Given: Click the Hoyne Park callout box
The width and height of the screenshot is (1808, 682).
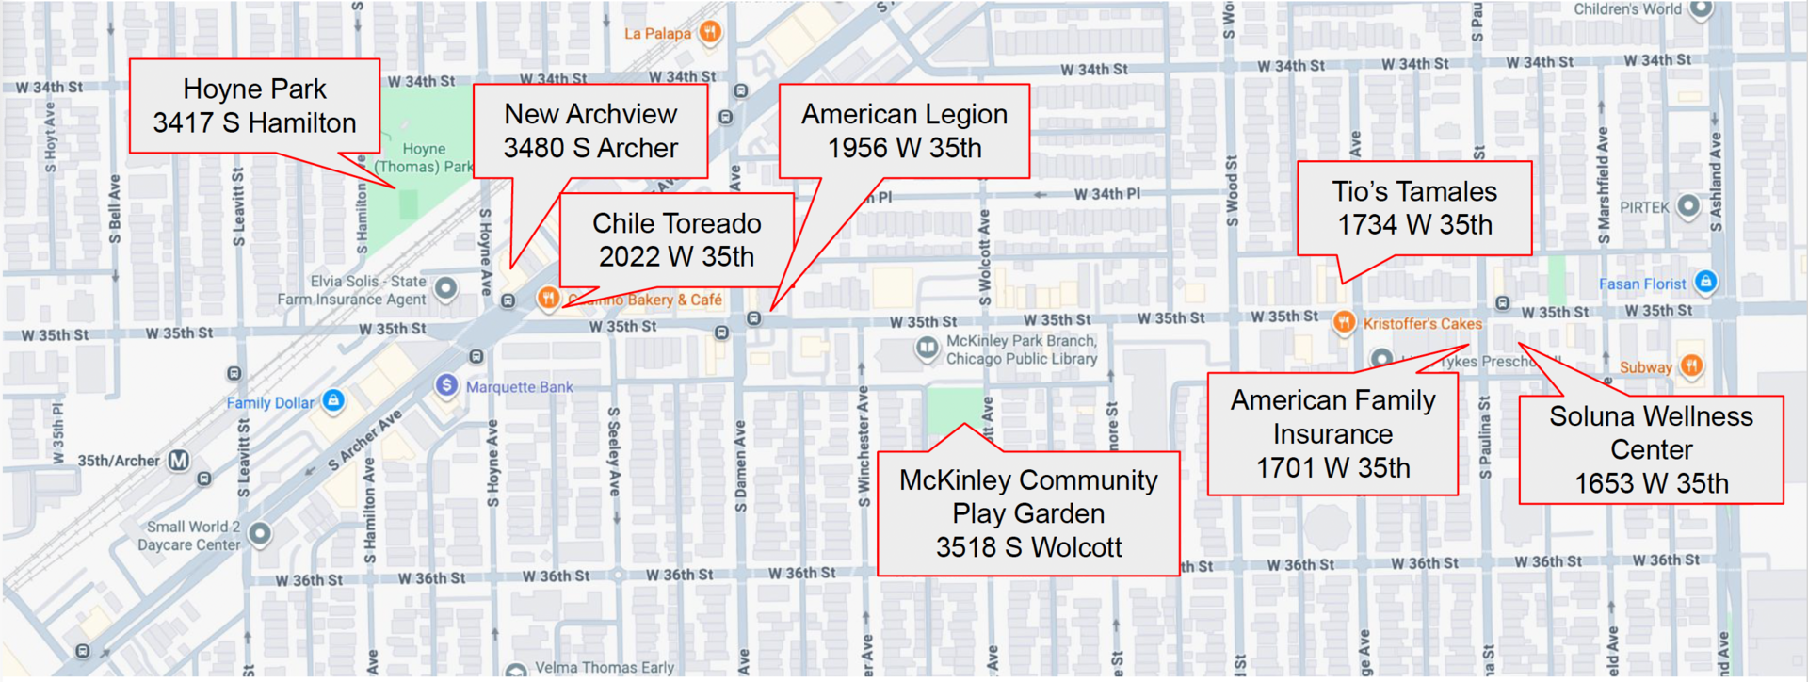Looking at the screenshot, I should tap(254, 106).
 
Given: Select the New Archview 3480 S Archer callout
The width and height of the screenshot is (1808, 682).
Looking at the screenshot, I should tap(590, 131).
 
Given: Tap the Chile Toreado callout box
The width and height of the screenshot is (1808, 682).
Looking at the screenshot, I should tap(676, 239).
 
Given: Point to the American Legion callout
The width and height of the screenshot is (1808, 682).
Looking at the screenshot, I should tap(904, 131).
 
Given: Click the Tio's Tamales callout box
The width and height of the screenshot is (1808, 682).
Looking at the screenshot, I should tap(1414, 208).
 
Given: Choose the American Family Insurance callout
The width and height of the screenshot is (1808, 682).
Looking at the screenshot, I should tap(1332, 434).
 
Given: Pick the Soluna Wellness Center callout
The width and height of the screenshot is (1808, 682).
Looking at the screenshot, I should tap(1651, 450).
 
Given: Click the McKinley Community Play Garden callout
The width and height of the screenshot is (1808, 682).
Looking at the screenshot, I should tap(1028, 513).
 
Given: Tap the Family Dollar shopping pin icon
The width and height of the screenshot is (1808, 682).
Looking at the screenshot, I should tap(332, 400).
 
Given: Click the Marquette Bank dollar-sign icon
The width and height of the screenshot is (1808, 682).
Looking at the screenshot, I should tap(446, 385).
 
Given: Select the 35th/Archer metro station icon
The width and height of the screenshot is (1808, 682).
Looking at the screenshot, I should tap(179, 461).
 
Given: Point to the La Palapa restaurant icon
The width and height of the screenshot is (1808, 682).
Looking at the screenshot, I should tap(710, 32).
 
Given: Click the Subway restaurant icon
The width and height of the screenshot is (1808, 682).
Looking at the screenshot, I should tap(1691, 365).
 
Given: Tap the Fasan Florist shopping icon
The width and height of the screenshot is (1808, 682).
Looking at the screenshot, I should tap(1705, 281).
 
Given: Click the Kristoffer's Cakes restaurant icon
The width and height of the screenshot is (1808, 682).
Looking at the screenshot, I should tap(1345, 322).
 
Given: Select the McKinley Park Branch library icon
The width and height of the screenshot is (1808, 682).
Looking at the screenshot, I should tap(927, 349).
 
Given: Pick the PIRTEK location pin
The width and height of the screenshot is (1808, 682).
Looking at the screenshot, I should tap(1688, 205).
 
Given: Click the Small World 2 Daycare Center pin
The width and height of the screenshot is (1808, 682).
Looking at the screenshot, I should tap(260, 533).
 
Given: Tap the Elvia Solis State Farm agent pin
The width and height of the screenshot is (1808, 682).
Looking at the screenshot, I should tap(445, 287).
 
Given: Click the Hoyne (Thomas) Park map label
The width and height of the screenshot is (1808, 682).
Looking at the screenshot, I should tap(425, 157).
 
